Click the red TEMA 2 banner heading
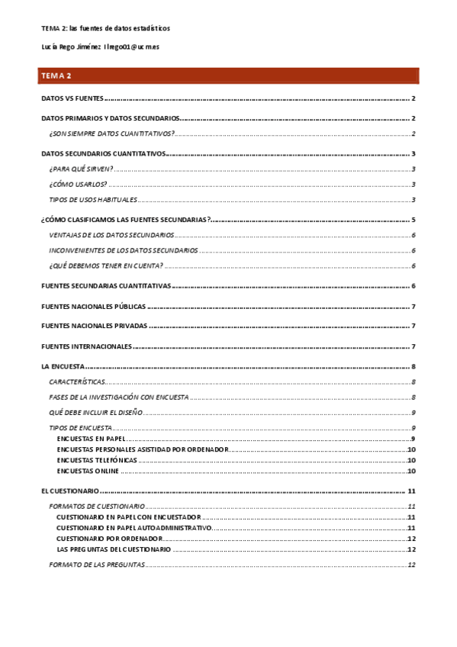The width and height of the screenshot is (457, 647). click(229, 76)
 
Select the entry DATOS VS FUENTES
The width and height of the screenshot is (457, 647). click(72, 99)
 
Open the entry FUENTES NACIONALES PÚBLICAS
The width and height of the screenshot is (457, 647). click(93, 307)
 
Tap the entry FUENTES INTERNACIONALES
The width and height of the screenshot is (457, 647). click(86, 346)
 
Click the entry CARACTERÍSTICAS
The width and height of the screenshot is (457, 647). click(76, 381)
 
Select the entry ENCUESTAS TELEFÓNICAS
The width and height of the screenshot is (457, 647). click(97, 461)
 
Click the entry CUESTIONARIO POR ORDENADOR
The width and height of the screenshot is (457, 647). click(108, 539)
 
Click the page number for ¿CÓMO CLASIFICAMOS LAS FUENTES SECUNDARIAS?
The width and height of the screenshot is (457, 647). click(412, 220)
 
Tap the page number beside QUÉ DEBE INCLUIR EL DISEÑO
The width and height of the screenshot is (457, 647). click(413, 412)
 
